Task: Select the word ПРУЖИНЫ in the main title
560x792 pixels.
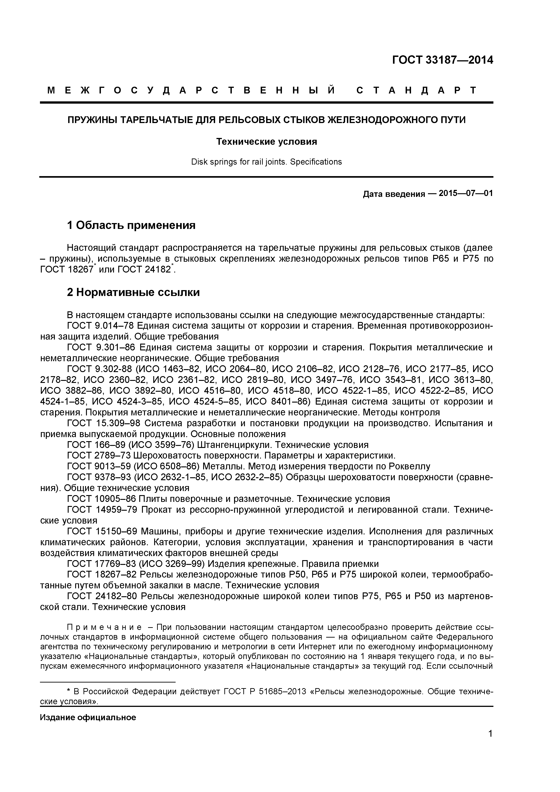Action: [x=89, y=120]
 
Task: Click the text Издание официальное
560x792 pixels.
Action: [x=88, y=717]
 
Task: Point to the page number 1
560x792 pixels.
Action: [x=490, y=743]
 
